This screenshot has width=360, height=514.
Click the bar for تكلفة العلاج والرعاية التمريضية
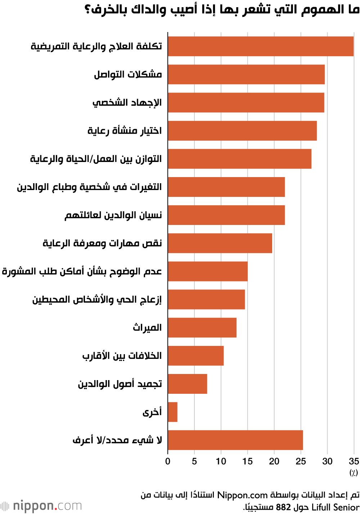click(261, 46)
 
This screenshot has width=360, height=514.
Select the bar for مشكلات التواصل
click(246, 75)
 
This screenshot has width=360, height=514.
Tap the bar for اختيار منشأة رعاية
click(242, 131)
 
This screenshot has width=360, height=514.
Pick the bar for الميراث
click(202, 328)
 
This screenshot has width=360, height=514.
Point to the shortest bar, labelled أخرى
click(172, 412)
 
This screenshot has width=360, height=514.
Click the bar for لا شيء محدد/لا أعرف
click(235, 440)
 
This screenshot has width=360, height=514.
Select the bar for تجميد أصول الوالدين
click(187, 384)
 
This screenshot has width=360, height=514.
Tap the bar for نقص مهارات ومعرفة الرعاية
click(220, 243)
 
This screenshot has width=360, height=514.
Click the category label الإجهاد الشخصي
click(127, 103)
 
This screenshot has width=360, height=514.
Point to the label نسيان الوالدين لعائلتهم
click(113, 215)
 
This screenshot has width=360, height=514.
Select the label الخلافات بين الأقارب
click(122, 356)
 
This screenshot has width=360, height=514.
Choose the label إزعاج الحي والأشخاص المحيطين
click(97, 299)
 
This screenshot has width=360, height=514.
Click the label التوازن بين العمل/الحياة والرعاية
click(96, 159)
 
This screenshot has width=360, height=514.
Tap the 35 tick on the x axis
click(354, 461)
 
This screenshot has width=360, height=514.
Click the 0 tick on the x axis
click(168, 461)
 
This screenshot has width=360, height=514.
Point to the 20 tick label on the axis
click(274, 461)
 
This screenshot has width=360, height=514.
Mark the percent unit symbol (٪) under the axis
click(354, 473)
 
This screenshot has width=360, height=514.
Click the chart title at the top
click(222, 9)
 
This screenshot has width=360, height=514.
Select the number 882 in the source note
click(283, 507)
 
